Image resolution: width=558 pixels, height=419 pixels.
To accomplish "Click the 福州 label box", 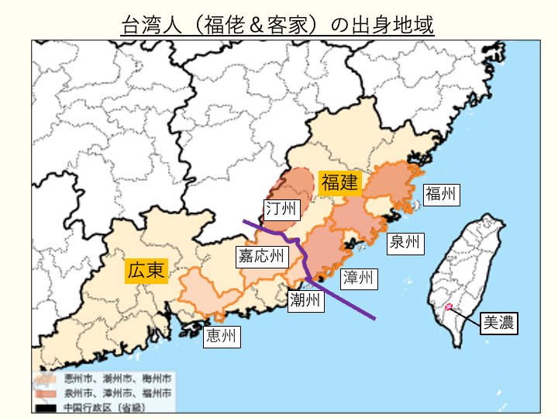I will [442, 193].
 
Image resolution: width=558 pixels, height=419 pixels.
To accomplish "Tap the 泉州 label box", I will [405, 242].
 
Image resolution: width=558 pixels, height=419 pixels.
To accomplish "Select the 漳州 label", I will [357, 277].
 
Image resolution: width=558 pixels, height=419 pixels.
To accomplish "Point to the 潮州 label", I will [304, 300].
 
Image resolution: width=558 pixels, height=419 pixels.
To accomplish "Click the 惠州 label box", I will [221, 336].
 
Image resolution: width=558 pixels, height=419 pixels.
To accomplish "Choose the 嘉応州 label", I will [261, 255].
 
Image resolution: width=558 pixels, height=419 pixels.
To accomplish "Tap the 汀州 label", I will [281, 209].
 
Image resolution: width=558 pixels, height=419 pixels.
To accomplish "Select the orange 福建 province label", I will [339, 183].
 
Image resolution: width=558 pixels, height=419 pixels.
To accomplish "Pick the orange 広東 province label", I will [146, 270].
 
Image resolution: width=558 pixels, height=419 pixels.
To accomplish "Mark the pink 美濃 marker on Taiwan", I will [449, 307].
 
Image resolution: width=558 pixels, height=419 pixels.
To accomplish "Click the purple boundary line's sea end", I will [376, 318].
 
